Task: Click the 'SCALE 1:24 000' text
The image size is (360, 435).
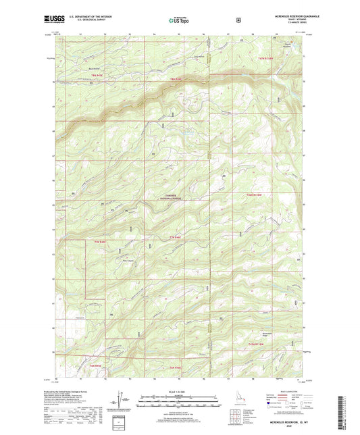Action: [179, 391]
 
